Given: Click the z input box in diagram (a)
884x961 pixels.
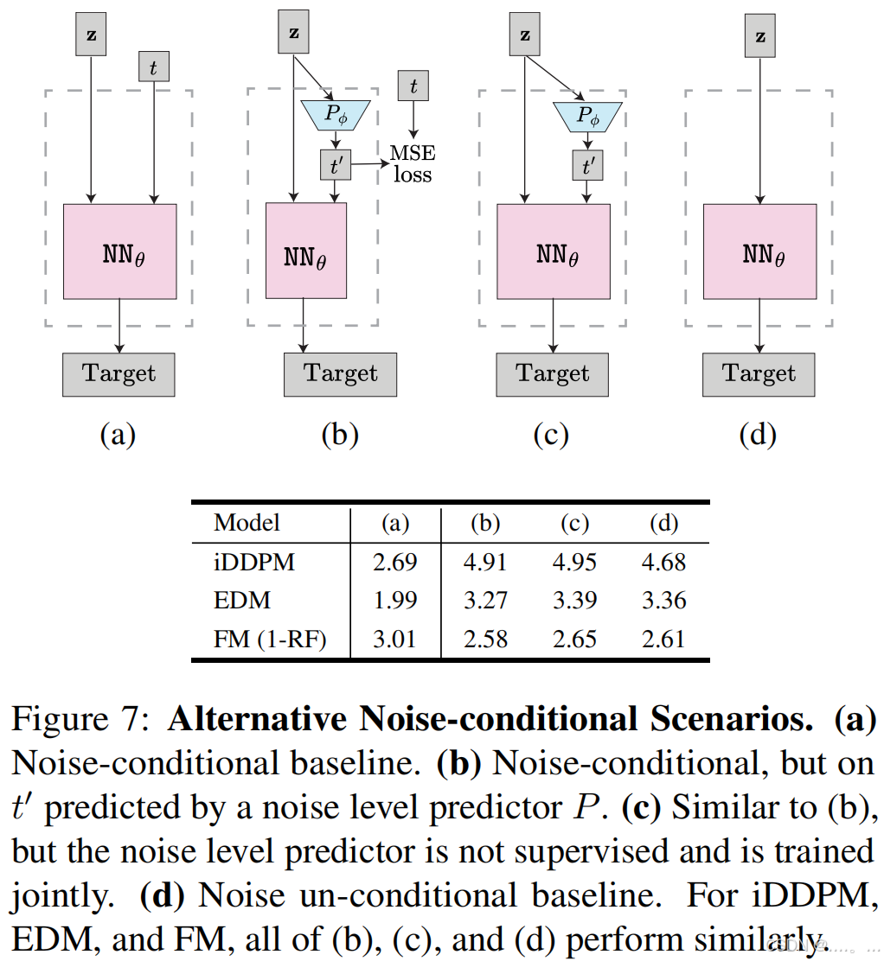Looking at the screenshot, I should [91, 35].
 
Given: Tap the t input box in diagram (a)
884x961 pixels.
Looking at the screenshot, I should [154, 67].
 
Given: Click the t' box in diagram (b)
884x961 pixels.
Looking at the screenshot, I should [335, 163].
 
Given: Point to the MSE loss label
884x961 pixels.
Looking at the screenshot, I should [413, 163].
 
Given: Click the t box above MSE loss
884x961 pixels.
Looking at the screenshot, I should [413, 86].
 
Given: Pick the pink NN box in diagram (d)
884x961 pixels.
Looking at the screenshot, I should [759, 251].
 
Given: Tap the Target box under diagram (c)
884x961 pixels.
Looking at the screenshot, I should [552, 374].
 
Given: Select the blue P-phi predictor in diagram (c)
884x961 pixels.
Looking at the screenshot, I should [587, 115].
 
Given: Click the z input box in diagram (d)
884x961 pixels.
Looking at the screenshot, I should [760, 35].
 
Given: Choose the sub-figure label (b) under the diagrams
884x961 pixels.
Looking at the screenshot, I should [339, 435].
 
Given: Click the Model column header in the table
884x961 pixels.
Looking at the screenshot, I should [247, 523].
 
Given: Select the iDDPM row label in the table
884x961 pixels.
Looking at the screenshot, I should [254, 563].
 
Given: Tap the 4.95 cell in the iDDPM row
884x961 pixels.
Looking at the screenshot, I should [574, 563].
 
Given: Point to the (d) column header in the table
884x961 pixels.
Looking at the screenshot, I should [663, 523].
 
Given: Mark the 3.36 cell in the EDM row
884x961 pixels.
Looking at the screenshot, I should [663, 601].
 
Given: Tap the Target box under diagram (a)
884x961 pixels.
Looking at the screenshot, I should [119, 374].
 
